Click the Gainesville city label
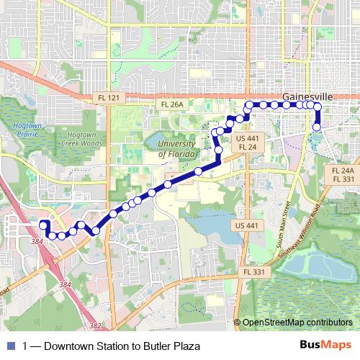pyautogui.click(x=307, y=96)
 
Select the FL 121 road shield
pyautogui.click(x=106, y=97)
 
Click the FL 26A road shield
pyautogui.click(x=172, y=105)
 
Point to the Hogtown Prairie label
pyautogui.click(x=25, y=130)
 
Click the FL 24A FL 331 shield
pyautogui.click(x=342, y=174)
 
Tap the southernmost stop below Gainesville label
pyautogui.click(x=316, y=128)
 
